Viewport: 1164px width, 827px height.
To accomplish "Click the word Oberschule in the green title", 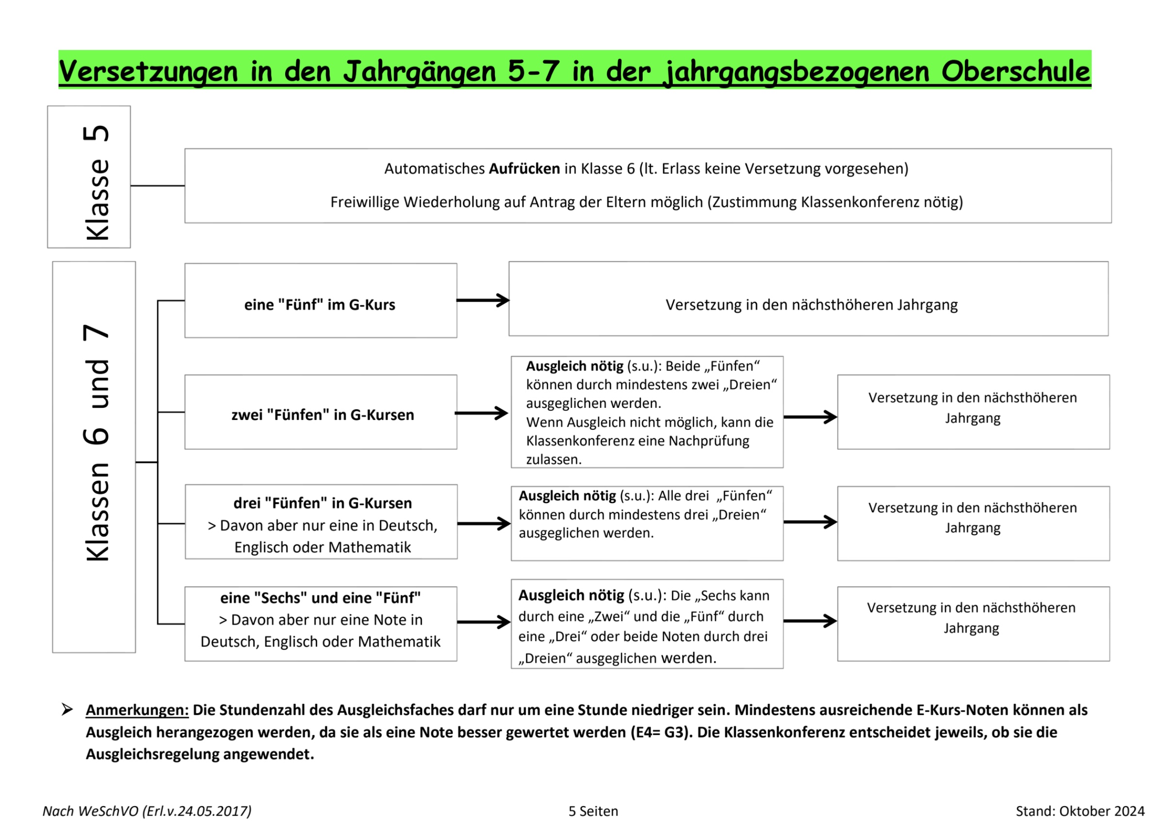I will point(1015,71).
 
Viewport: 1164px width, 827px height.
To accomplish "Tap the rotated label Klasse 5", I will point(96,182).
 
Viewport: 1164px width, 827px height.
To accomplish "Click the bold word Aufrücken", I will point(524,169).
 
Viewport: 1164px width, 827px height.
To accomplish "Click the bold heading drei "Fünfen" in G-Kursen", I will point(323,503).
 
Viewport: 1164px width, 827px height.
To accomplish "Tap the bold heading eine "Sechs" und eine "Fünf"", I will point(320,598).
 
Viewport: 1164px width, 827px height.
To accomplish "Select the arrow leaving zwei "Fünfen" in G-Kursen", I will point(481,413).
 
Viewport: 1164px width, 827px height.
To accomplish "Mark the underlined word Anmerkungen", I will point(137,710).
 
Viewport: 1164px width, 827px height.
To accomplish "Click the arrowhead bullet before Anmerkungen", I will point(67,709).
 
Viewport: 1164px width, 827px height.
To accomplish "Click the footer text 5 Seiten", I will point(593,811).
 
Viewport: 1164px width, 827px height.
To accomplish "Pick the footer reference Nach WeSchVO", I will point(90,811).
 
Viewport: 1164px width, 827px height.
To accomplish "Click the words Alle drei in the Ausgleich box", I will point(683,495).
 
